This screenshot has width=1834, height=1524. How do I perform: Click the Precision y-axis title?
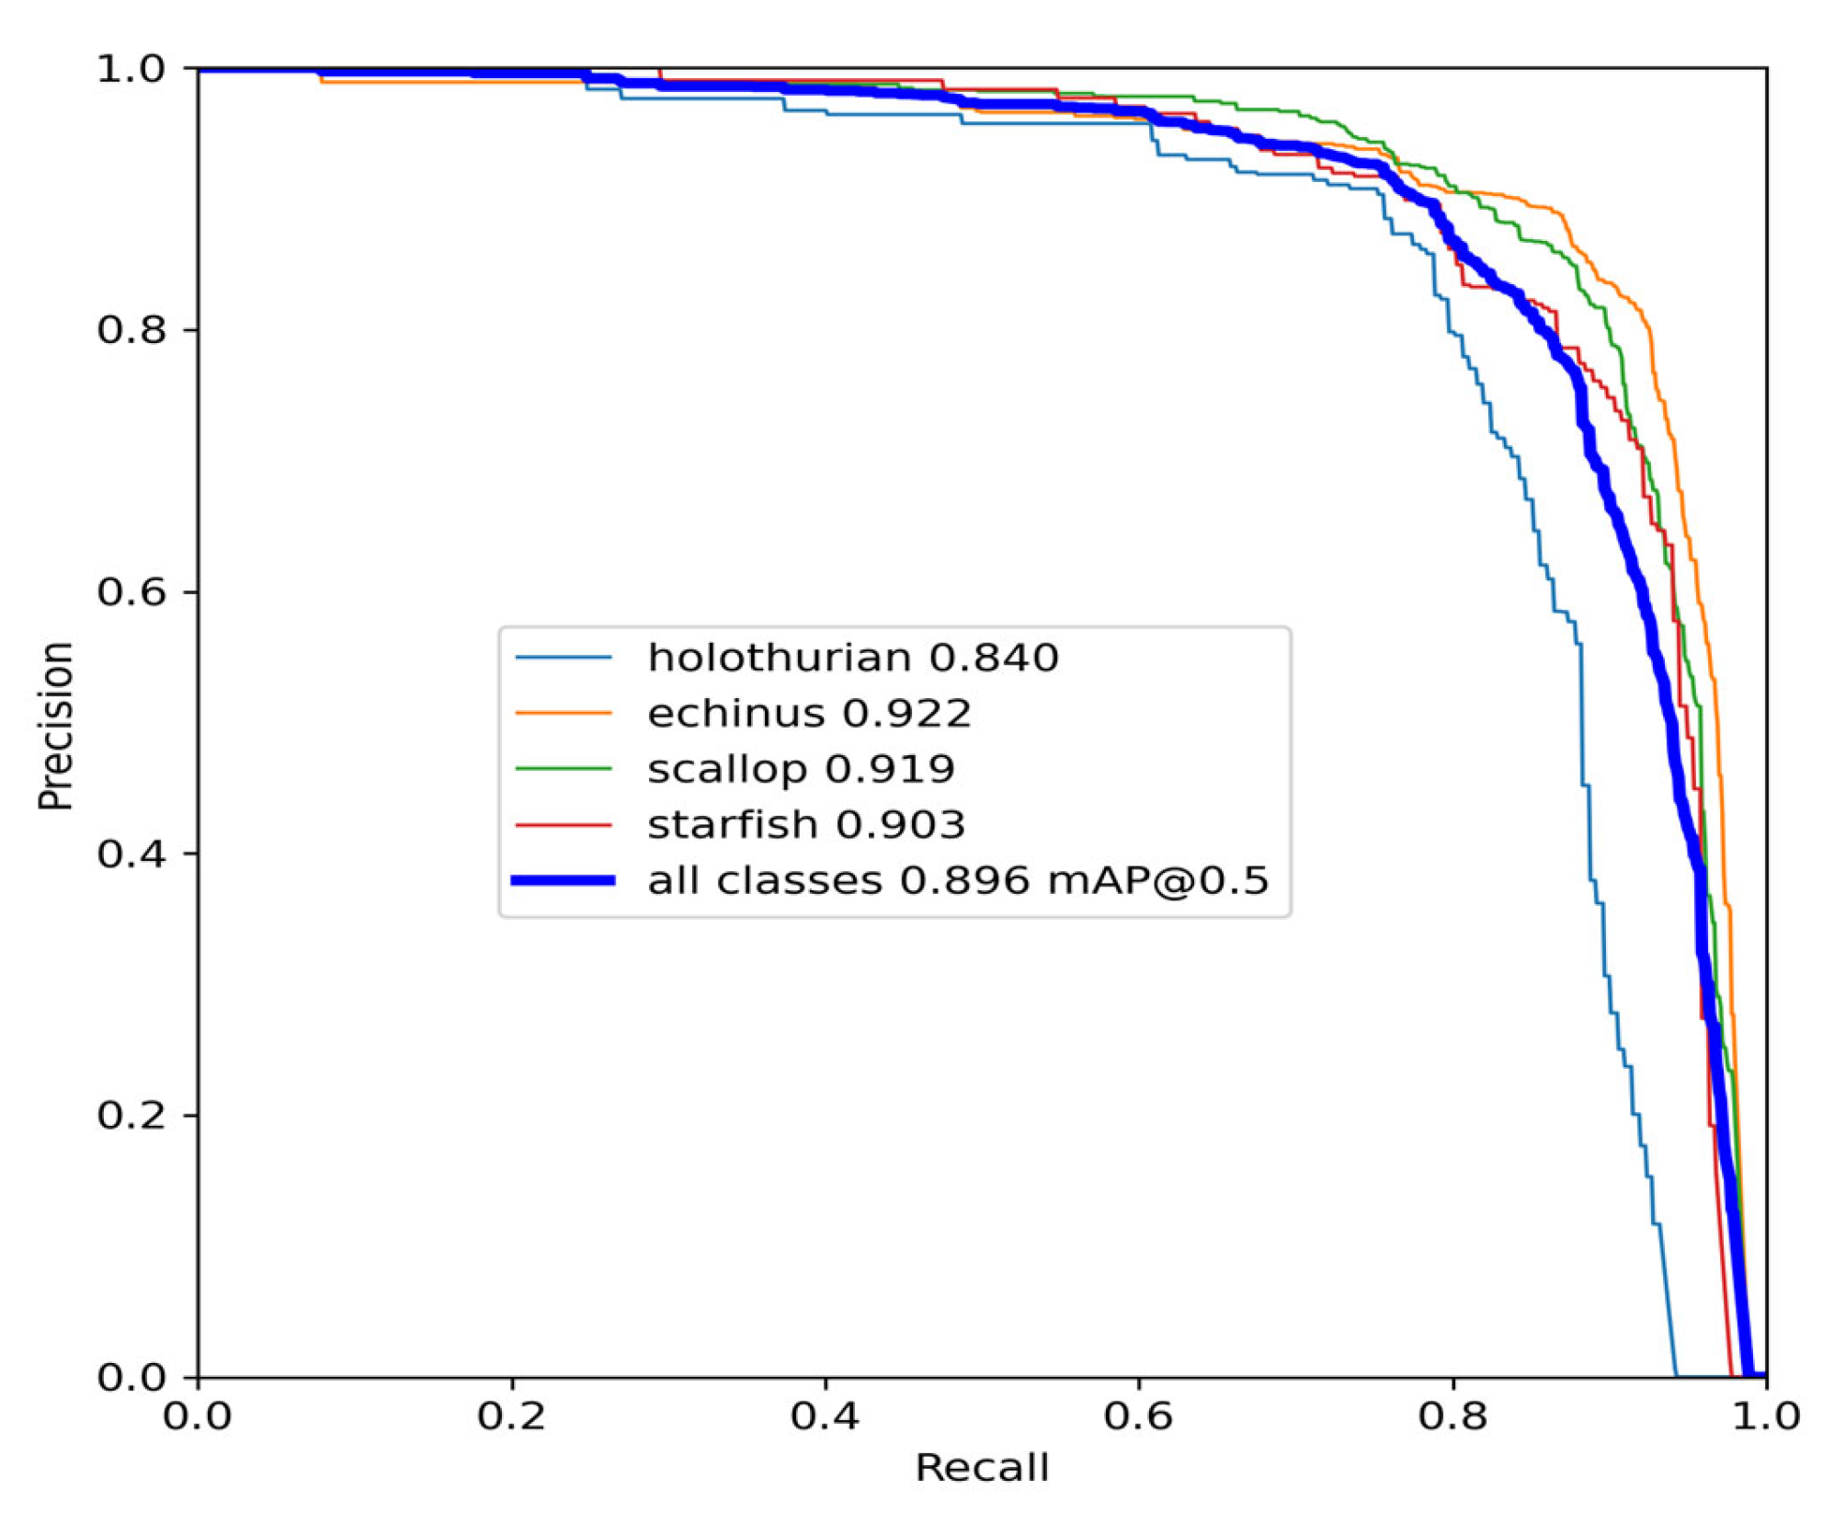pos(55,725)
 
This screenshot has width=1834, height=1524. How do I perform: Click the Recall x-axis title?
pos(981,1468)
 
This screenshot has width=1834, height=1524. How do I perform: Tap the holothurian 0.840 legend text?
pos(852,658)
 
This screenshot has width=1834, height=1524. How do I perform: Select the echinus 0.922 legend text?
pos(809,713)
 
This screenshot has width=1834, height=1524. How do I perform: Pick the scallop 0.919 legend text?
pos(801,769)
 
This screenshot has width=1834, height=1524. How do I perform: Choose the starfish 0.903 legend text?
pos(806,825)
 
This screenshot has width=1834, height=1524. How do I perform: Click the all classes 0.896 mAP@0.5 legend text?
pos(957,880)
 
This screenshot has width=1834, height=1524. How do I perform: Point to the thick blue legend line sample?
pos(563,880)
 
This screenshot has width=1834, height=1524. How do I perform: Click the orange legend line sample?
pos(563,713)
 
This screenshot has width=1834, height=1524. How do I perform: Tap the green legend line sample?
pos(563,769)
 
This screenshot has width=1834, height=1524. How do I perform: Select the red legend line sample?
pos(563,825)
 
